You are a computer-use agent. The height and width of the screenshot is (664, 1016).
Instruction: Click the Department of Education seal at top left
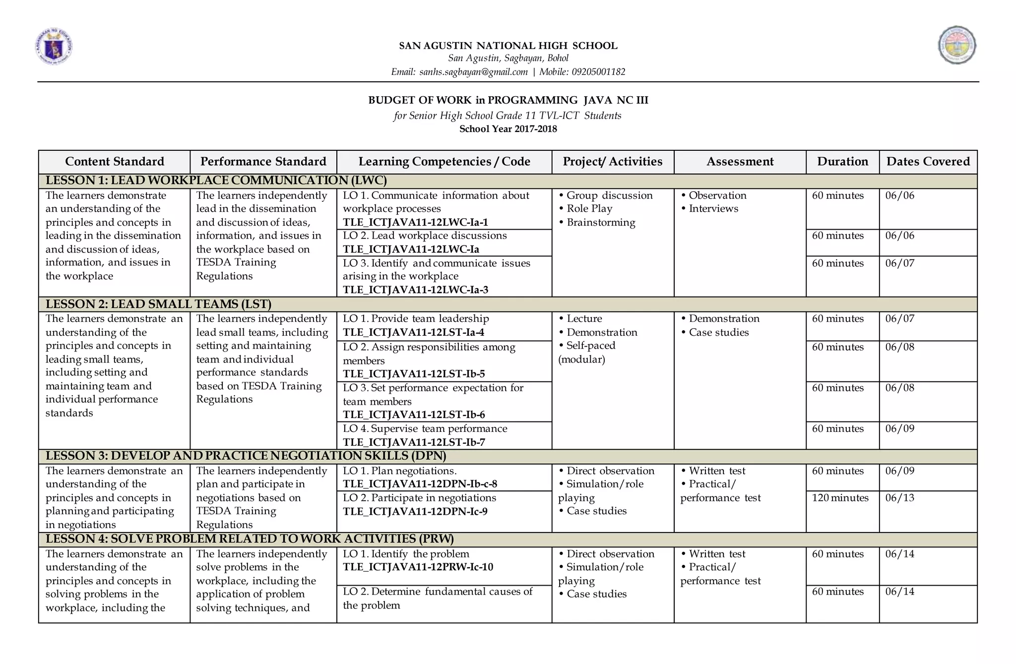(54, 47)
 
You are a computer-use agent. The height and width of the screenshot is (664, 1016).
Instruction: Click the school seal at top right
(957, 45)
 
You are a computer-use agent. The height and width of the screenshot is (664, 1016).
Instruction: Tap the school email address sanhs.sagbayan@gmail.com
(473, 72)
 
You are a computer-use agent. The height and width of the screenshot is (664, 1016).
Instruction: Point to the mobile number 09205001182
(598, 72)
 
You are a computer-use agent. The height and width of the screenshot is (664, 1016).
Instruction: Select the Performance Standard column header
(263, 162)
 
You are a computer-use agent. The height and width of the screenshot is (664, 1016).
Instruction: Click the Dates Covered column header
(928, 162)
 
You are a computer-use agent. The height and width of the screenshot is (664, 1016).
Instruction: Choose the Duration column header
(842, 162)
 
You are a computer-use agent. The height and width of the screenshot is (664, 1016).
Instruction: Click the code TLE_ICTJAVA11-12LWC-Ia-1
(415, 222)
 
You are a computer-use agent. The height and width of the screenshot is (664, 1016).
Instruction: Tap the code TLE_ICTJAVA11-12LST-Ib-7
(414, 442)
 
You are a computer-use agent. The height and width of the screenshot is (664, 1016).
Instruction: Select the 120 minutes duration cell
(840, 498)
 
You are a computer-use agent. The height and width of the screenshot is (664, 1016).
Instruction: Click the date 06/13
(899, 498)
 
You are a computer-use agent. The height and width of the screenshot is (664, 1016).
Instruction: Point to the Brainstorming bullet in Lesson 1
(600, 222)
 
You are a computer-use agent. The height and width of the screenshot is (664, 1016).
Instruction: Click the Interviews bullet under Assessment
(713, 209)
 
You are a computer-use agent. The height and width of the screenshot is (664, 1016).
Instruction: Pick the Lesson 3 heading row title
(246, 456)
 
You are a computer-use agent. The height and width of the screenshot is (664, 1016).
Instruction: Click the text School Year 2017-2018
(508, 129)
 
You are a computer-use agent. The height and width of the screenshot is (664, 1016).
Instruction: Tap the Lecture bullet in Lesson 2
(584, 319)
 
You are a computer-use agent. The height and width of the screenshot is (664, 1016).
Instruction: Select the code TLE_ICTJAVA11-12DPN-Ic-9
(415, 511)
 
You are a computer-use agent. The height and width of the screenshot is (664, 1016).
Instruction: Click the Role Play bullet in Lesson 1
(589, 209)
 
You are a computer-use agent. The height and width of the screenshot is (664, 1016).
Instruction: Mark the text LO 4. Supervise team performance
(425, 429)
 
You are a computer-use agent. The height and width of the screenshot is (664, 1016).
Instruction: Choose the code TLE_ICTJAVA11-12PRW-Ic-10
(418, 567)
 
